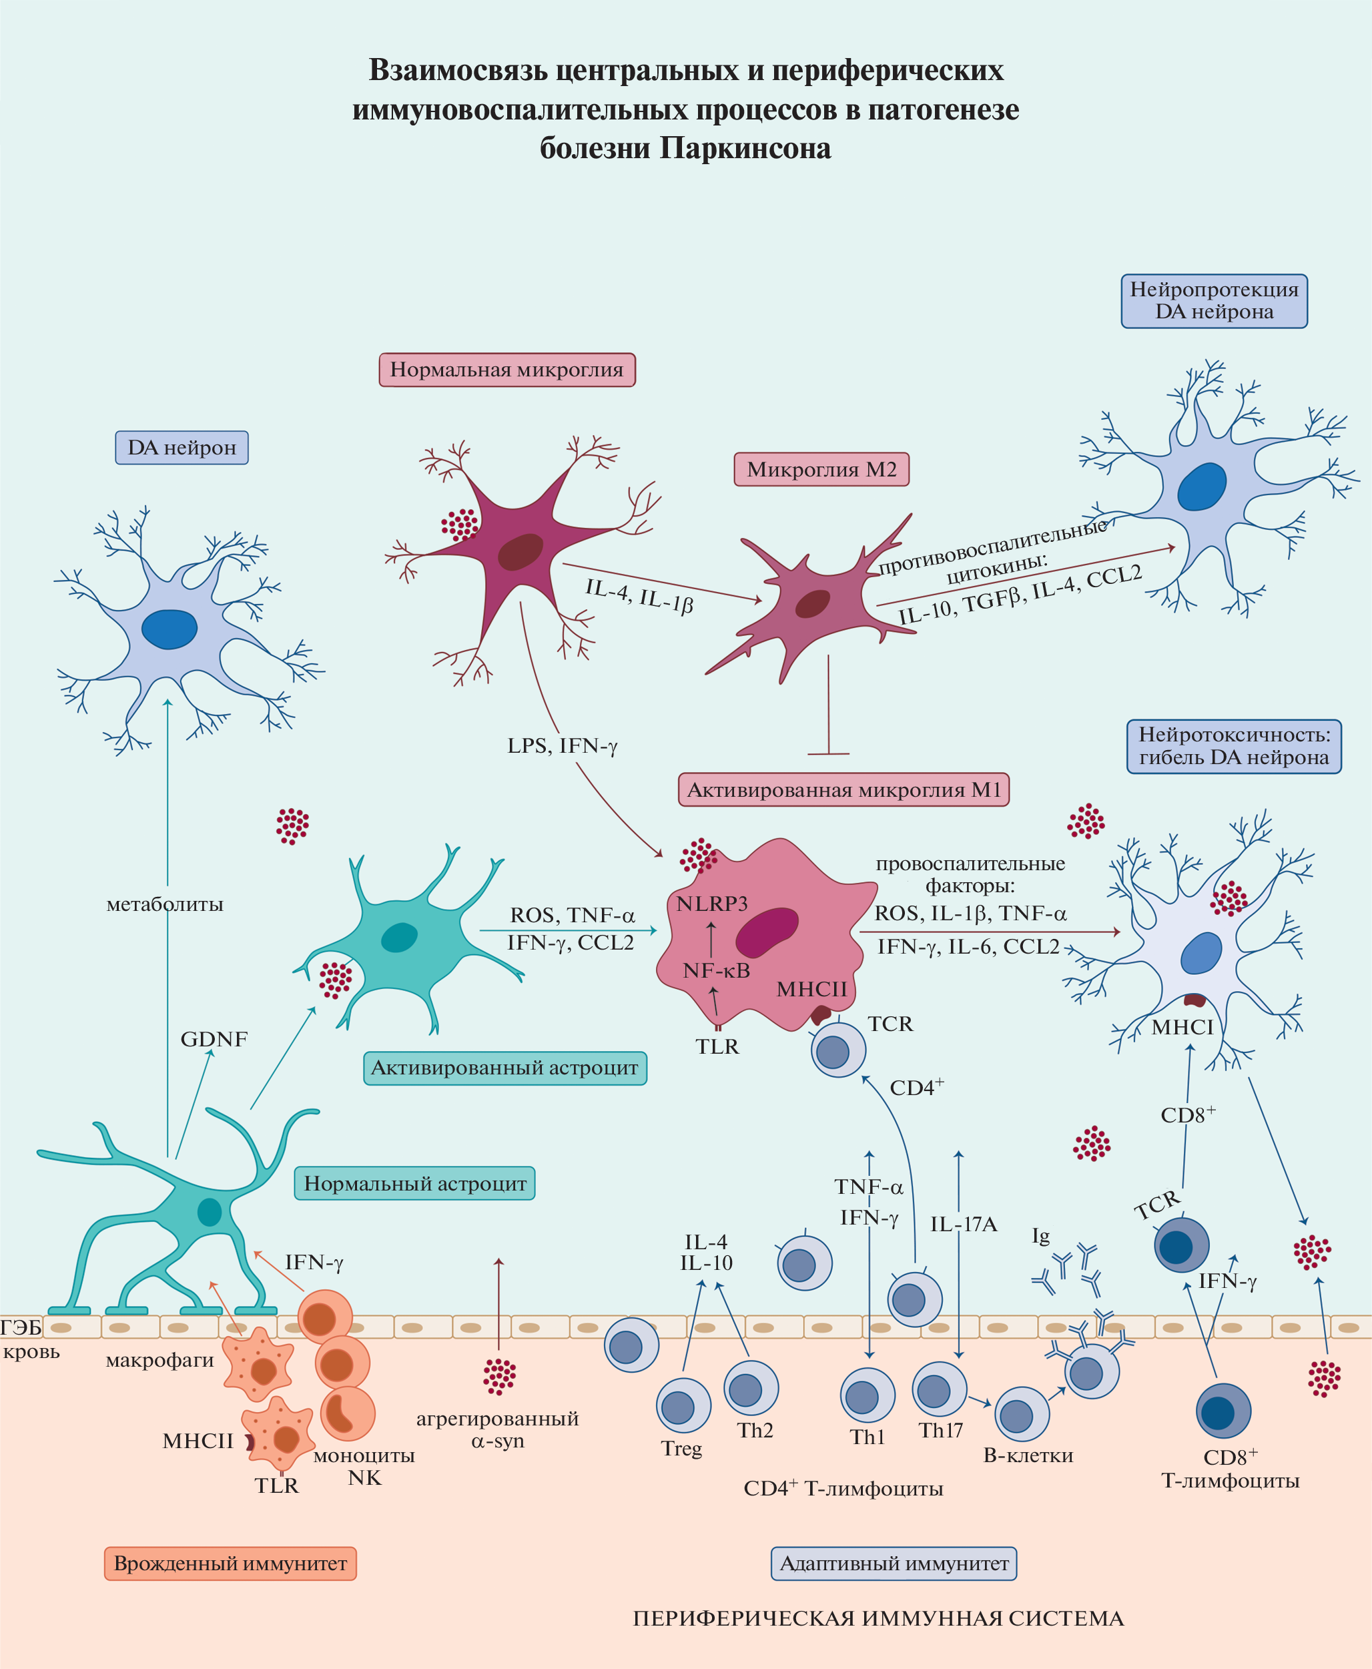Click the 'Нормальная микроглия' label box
coord(506,370)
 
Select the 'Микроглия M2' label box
coord(821,469)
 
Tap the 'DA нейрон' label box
coord(182,447)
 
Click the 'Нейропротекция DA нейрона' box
coord(1214,301)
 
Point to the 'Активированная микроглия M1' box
coord(843,789)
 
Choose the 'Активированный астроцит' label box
coord(504,1068)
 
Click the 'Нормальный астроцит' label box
coord(415,1183)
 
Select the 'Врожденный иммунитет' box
coord(230,1563)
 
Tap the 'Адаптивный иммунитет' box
coord(894,1563)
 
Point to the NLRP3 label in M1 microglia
coord(711,904)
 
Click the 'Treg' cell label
coord(681,1449)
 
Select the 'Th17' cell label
coord(940,1430)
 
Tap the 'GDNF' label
coord(214,1039)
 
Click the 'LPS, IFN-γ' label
coord(562,746)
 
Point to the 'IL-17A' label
coord(964,1224)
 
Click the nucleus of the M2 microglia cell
coord(811,604)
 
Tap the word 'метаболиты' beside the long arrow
coord(164,904)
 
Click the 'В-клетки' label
coord(1028,1455)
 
